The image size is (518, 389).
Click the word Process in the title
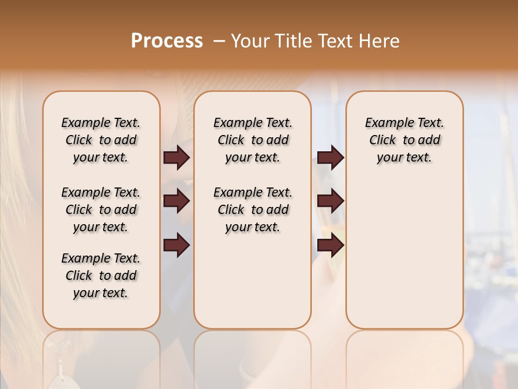tap(167, 41)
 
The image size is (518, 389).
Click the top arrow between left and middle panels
tap(176, 158)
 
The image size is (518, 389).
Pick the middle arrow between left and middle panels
tap(176, 202)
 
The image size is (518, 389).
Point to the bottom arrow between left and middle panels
tap(176, 245)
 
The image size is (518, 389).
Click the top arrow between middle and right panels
tap(330, 158)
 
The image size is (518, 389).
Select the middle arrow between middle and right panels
tap(330, 202)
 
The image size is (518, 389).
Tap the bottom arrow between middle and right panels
tap(330, 245)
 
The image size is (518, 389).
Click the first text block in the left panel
tap(101, 140)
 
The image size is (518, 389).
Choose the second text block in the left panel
tap(101, 210)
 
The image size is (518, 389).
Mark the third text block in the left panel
tap(101, 276)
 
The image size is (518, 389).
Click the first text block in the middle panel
tap(253, 140)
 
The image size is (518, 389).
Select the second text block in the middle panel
tap(253, 210)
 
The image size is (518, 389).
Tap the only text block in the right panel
tap(404, 140)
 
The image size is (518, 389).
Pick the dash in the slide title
tap(219, 41)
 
